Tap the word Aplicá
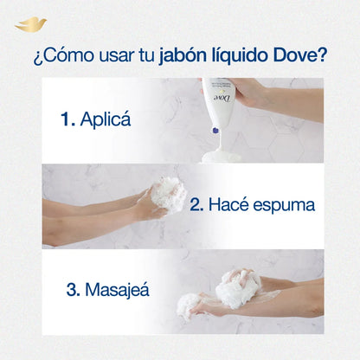[106, 120]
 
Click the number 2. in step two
[196, 206]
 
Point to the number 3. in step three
[71, 289]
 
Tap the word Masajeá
[117, 289]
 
